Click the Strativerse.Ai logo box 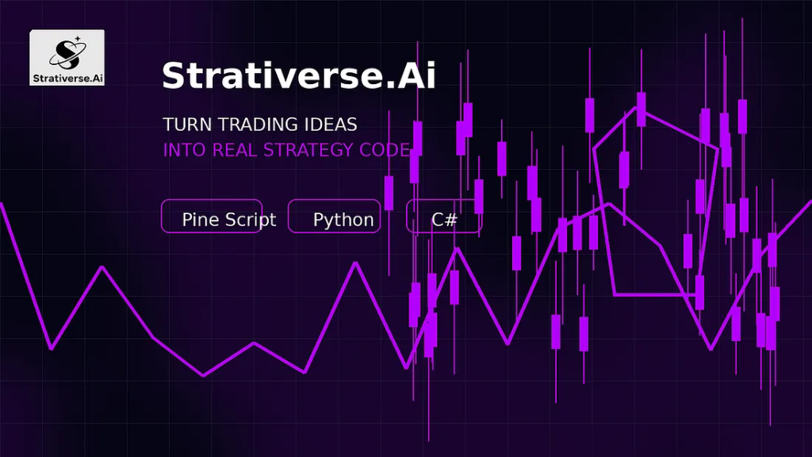[x=67, y=57]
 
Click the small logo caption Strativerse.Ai [x=68, y=79]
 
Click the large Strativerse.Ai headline [x=299, y=75]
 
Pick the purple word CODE [x=385, y=150]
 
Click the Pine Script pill [x=212, y=216]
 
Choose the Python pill [x=335, y=216]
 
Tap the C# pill [x=444, y=216]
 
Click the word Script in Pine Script [x=251, y=221]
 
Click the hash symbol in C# [x=451, y=220]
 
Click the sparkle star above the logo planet [x=78, y=38]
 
